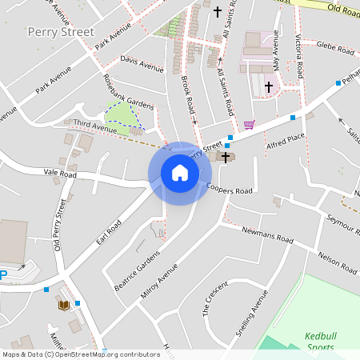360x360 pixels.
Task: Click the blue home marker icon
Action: click(x=180, y=173)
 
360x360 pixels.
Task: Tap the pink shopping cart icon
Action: click(x=249, y=125)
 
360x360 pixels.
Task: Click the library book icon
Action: click(x=63, y=305)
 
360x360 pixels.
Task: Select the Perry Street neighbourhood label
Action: click(x=61, y=33)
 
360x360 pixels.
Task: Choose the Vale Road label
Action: click(x=60, y=174)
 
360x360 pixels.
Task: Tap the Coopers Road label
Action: click(x=230, y=190)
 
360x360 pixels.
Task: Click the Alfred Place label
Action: click(x=285, y=137)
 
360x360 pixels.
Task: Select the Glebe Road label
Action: click(x=335, y=49)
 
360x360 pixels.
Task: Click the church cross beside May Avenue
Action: click(x=268, y=85)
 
